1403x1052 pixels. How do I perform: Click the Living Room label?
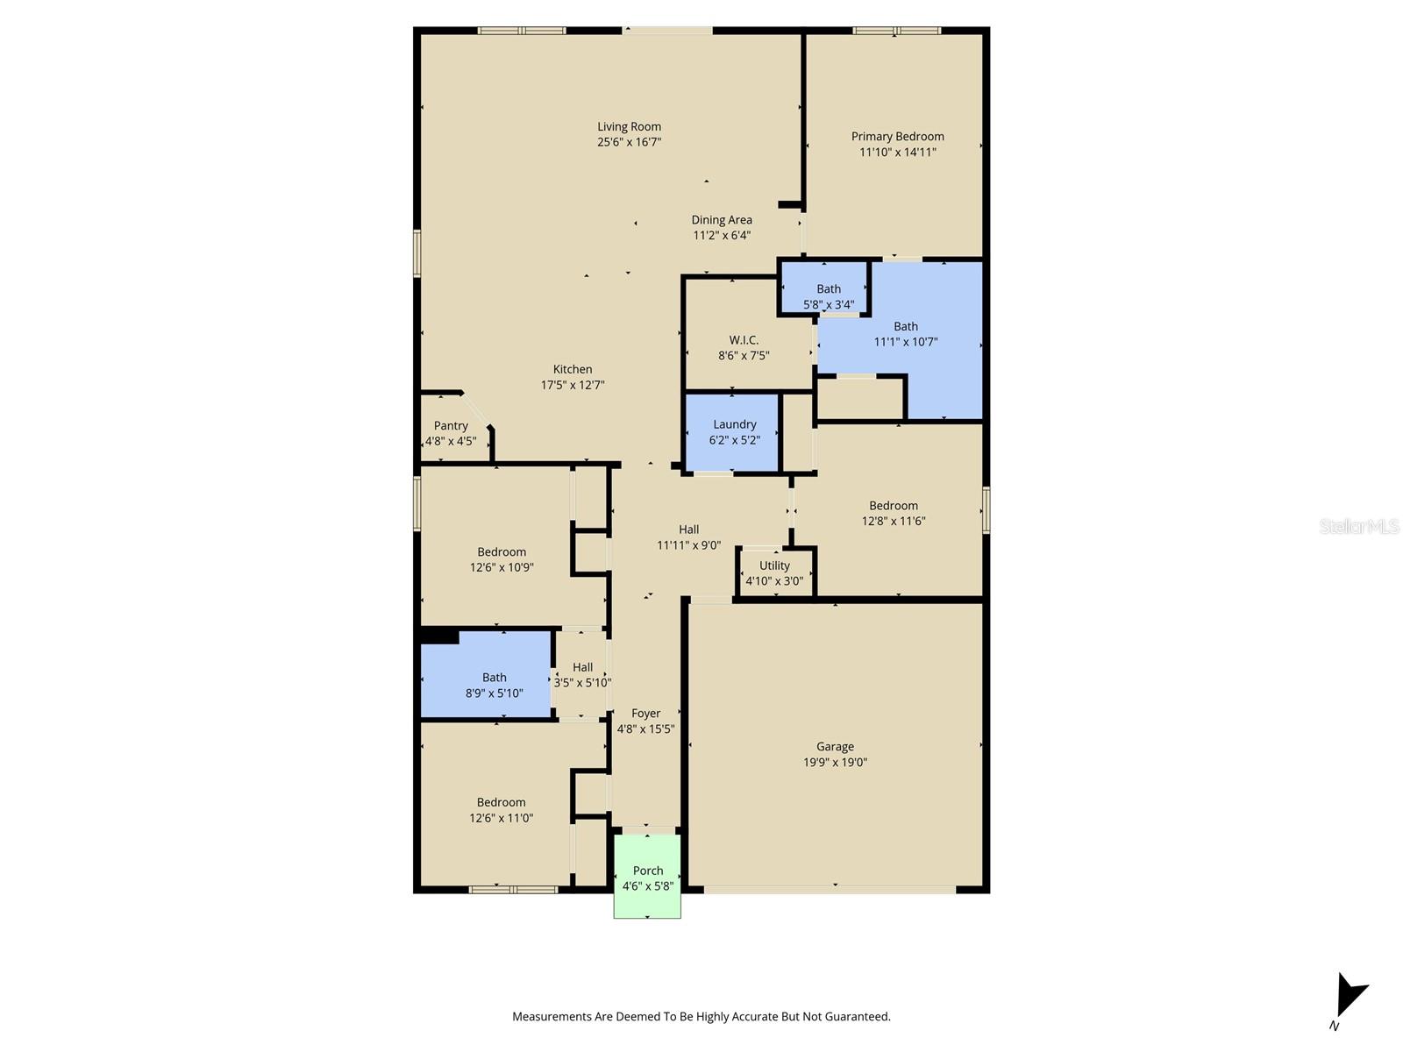(629, 126)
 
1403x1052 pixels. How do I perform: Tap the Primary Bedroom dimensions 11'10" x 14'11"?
(897, 152)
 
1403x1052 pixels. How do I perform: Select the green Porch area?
(647, 877)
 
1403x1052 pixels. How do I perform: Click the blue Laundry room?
(733, 432)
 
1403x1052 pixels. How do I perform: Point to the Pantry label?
(451, 425)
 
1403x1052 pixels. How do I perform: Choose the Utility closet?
(774, 572)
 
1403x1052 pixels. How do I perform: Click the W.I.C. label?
(744, 339)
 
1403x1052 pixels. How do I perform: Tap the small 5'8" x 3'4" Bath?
(828, 295)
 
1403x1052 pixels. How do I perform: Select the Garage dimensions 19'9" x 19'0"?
(835, 762)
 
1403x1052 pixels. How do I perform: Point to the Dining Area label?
(721, 220)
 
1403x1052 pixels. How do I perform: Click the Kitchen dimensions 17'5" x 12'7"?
(572, 385)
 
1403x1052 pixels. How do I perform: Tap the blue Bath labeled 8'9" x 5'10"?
(494, 684)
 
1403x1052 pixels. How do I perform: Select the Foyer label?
(645, 713)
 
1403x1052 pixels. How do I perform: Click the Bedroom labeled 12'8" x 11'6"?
(893, 513)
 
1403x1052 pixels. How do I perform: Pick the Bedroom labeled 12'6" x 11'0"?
(501, 809)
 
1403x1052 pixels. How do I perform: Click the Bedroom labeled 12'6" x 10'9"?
(501, 559)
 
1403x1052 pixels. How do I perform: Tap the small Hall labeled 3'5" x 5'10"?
(582, 674)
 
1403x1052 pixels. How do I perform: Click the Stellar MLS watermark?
(1358, 526)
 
